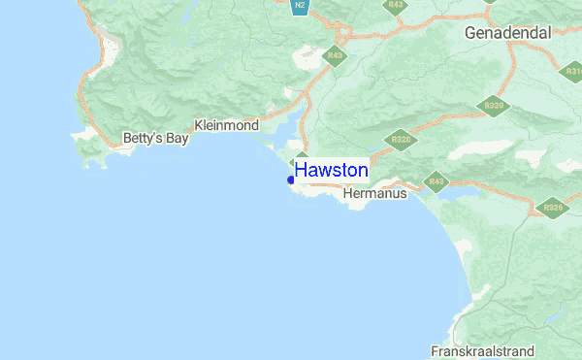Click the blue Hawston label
[x=331, y=171]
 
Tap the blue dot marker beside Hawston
[x=291, y=180]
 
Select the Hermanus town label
[x=375, y=194]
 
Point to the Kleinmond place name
[x=226, y=126]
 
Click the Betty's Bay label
[x=155, y=139]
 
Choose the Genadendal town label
[x=507, y=33]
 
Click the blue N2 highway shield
[x=301, y=7]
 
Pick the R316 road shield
[x=571, y=71]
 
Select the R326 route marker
[x=553, y=208]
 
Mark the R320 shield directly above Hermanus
[x=400, y=141]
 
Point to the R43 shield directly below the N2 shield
[x=336, y=56]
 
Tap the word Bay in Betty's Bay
[x=176, y=139]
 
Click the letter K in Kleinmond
[x=199, y=126]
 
